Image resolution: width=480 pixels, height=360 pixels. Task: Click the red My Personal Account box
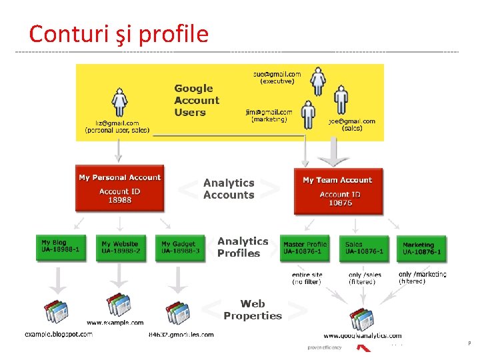coord(120,189)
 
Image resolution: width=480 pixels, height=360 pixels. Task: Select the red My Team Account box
coord(337,190)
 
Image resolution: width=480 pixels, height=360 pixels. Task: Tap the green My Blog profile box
coord(61,246)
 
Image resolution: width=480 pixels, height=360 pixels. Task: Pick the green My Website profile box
coord(120,247)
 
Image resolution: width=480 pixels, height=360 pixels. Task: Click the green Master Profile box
coord(305,247)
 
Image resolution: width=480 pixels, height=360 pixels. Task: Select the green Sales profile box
coord(363,247)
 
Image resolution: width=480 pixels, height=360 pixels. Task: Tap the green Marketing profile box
coord(422,247)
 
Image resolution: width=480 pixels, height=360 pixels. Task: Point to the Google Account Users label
coord(196,100)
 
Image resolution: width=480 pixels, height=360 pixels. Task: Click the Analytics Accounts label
coord(229,189)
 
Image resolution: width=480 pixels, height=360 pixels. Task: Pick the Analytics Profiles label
coord(243,247)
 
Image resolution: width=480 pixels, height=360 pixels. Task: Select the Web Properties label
coord(253,310)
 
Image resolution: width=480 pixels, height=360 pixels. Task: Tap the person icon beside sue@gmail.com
coord(319,81)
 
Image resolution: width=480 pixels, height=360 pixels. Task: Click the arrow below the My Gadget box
coord(179,277)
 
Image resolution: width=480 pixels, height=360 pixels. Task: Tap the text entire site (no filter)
coord(307,278)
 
